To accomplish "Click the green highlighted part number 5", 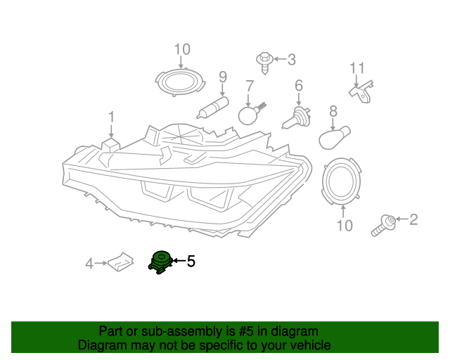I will click(160, 262).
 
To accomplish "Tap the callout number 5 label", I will click(191, 262).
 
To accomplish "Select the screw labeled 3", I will click(266, 60).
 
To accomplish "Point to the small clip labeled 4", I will click(122, 262).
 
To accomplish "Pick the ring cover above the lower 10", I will click(342, 179).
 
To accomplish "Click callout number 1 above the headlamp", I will click(110, 117).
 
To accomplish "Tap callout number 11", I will click(358, 68).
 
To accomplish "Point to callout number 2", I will click(413, 220).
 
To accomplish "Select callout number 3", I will click(291, 60).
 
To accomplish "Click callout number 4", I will click(89, 264).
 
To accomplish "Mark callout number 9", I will click(222, 77).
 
